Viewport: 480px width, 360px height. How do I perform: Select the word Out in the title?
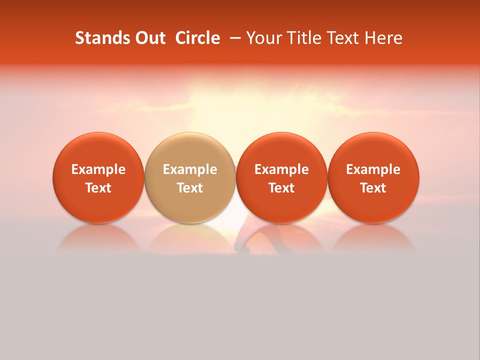pos(150,38)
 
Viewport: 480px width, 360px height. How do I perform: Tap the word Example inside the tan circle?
pos(190,169)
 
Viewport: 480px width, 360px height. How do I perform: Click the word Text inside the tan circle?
pos(190,188)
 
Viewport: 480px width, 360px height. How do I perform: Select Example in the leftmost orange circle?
pos(98,169)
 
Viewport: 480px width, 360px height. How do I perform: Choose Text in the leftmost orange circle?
pos(98,188)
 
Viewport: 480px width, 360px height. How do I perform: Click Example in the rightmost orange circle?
pos(373,169)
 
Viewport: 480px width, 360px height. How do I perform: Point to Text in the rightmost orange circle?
pos(373,188)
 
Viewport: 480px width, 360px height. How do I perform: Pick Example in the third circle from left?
pos(281,169)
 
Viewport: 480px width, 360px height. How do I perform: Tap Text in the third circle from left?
pos(281,188)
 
